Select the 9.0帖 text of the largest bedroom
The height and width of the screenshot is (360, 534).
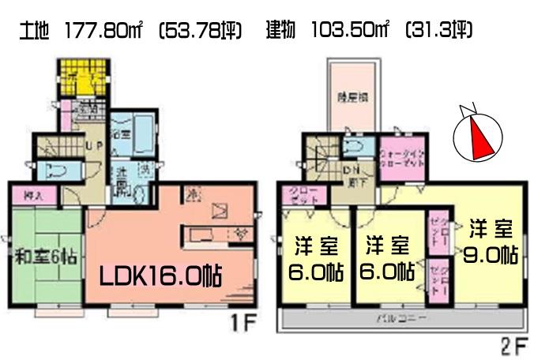pyautogui.click(x=491, y=256)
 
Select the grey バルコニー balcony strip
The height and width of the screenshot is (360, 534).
pyautogui.click(x=403, y=318)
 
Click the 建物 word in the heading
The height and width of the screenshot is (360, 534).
pyautogui.click(x=279, y=32)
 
